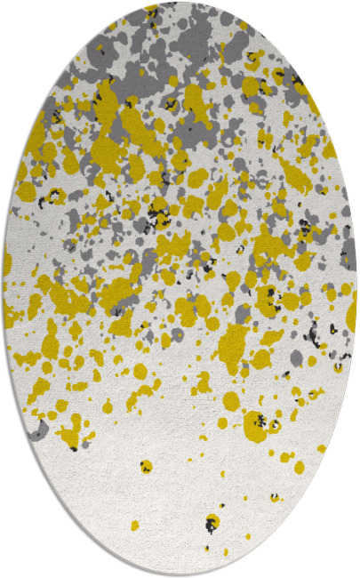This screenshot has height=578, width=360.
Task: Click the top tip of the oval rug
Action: [x=180, y=3]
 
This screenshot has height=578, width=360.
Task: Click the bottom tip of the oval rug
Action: [x=180, y=575]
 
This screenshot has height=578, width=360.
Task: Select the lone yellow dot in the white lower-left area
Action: [x=145, y=465]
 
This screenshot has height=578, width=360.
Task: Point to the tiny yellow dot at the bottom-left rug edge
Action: [x=134, y=526]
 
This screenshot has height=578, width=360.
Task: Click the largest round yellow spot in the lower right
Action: [x=256, y=426]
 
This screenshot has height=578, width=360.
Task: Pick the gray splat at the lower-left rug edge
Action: [x=37, y=430]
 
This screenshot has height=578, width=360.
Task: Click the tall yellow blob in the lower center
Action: [x=233, y=342]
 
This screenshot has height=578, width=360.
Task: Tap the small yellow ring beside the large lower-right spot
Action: [x=275, y=426]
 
